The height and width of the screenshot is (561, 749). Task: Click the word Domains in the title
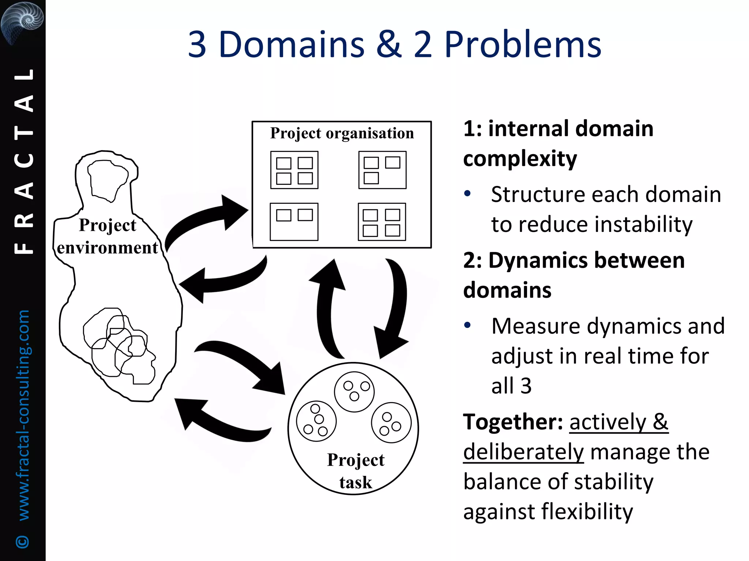[291, 45]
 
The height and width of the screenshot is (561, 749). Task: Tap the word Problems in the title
[523, 45]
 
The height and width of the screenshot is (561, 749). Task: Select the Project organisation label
[342, 133]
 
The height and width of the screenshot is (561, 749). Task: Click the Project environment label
[108, 236]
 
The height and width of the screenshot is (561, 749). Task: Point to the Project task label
[355, 471]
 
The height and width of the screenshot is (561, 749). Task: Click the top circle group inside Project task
[354, 392]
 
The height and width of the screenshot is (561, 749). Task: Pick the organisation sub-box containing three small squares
[382, 170]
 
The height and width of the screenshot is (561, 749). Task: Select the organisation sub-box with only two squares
[294, 222]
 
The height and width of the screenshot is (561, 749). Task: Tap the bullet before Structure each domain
[467, 194]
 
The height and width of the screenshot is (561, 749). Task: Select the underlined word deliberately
[523, 452]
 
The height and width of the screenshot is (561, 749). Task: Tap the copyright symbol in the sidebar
[23, 541]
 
